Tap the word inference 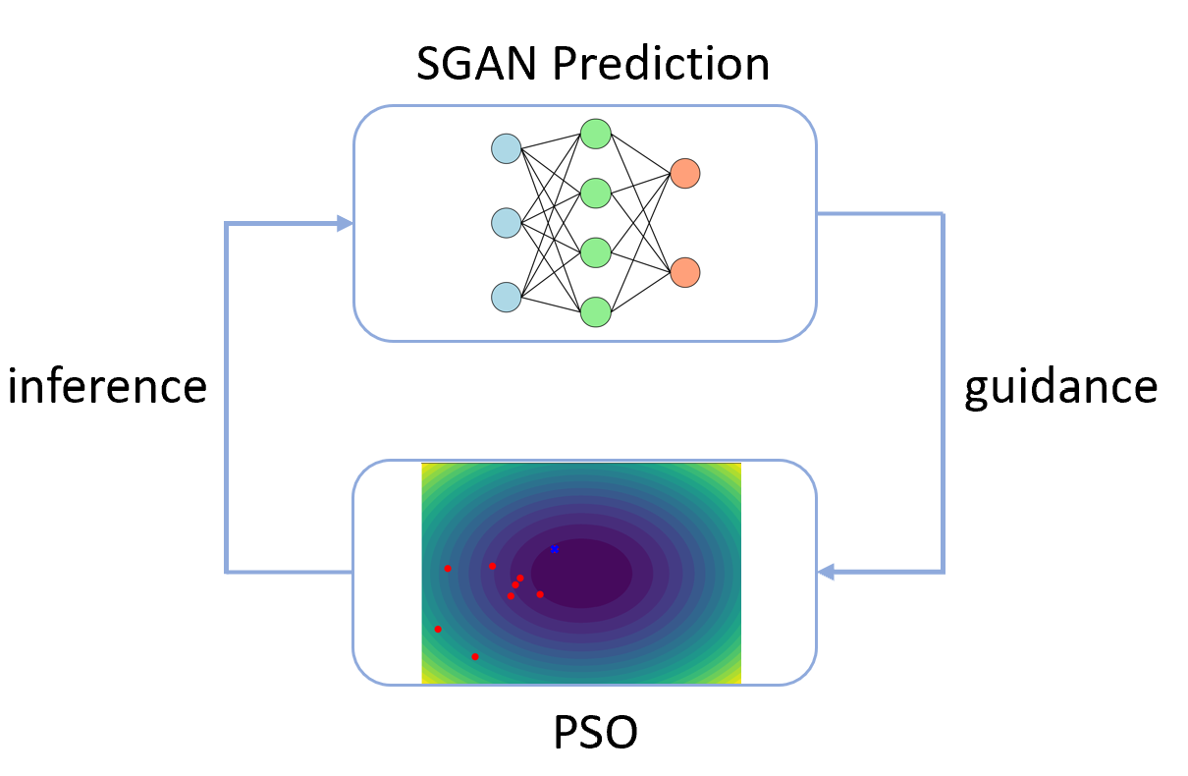coord(107,386)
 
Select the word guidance coord(1061,386)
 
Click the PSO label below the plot coord(595,732)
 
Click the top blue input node coord(506,149)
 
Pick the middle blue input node coord(506,223)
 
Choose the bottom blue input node coord(506,297)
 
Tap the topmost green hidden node coord(595,134)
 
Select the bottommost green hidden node coord(595,311)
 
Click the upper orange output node coord(684,174)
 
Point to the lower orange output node coord(684,271)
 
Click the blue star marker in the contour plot coord(555,549)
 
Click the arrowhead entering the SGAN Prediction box coord(344,224)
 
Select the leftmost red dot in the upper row coord(448,568)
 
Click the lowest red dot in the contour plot coord(475,656)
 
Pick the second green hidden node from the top coord(595,193)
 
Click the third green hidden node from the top coord(595,252)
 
